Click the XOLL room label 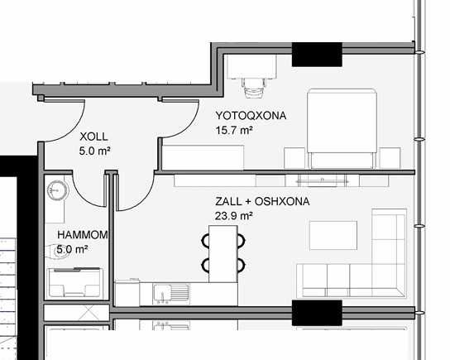click(x=93, y=137)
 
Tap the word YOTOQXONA click(x=250, y=117)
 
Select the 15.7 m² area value click(x=232, y=131)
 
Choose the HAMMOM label click(x=83, y=235)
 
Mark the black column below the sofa click(x=317, y=312)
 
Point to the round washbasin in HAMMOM click(x=56, y=190)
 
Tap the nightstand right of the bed click(x=390, y=156)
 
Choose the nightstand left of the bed click(x=293, y=156)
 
